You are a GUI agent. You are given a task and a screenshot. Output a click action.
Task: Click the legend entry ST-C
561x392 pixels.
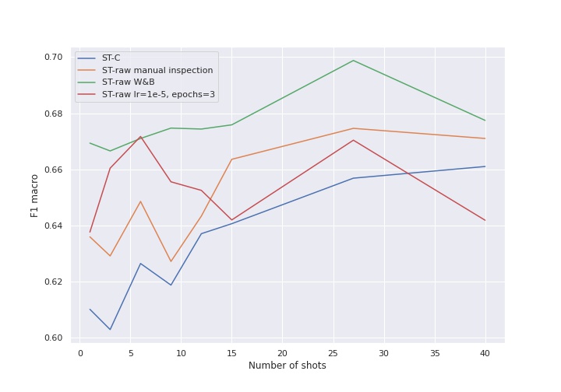[x=111, y=58]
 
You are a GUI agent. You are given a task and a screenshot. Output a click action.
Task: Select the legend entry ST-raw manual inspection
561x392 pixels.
[x=157, y=70]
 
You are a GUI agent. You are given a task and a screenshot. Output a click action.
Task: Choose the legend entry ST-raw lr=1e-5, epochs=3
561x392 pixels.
[x=158, y=95]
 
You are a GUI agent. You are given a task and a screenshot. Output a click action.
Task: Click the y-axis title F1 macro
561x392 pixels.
[x=35, y=195]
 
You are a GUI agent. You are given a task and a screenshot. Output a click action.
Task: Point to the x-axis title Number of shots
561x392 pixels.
[x=288, y=366]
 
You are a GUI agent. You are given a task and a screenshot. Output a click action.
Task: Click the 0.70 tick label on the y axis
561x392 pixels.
[x=53, y=58]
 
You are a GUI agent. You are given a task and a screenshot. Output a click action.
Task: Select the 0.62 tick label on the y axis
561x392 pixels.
[x=53, y=282]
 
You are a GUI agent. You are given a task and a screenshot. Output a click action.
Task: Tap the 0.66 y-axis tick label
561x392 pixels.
[x=53, y=170]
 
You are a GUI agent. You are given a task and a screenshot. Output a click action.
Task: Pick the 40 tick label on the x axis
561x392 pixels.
[x=485, y=352]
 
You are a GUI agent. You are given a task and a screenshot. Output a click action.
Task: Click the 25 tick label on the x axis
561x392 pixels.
[x=333, y=352]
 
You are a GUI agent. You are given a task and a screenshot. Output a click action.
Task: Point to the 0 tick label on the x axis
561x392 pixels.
[x=80, y=352]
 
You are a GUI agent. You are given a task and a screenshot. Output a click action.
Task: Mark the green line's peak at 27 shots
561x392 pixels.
[x=353, y=61]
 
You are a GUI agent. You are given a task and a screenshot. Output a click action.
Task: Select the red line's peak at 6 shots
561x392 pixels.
[x=140, y=137]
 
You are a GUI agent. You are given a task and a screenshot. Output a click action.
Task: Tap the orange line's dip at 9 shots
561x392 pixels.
[x=171, y=261]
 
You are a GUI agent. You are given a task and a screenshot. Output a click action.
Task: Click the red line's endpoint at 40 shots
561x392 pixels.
[x=485, y=220]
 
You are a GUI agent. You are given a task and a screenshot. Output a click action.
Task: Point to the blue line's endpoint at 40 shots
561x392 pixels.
[x=485, y=166]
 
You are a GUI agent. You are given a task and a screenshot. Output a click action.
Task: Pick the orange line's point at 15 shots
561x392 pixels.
[x=231, y=159]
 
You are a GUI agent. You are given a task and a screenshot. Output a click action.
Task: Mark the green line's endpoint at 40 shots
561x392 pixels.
[x=485, y=121]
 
